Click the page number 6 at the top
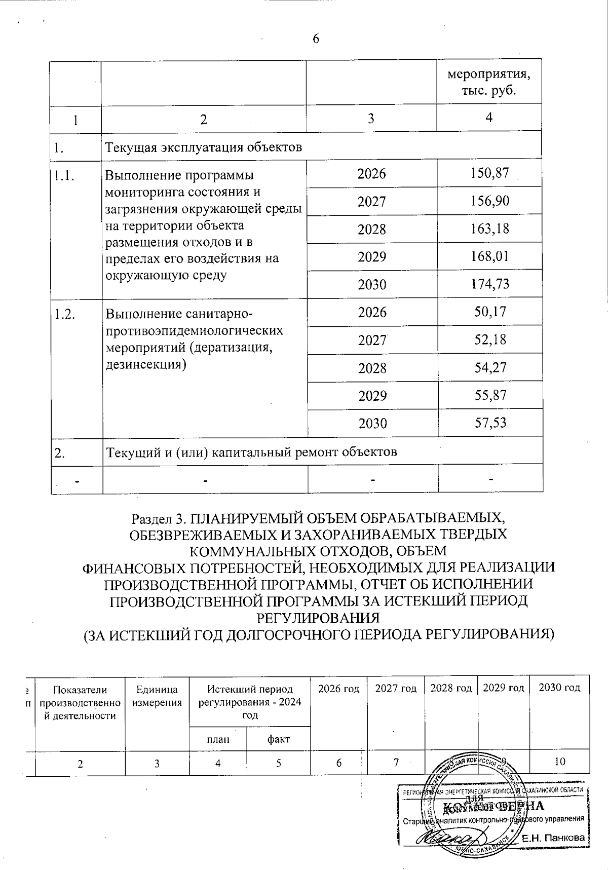click(316, 40)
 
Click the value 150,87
click(488, 173)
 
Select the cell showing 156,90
click(488, 201)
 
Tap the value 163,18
click(488, 229)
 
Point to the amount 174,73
click(488, 284)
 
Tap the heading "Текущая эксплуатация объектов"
click(203, 147)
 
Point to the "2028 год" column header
click(451, 688)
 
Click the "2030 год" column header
click(559, 688)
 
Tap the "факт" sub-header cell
click(278, 739)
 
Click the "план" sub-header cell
click(218, 739)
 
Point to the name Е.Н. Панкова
click(553, 838)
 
